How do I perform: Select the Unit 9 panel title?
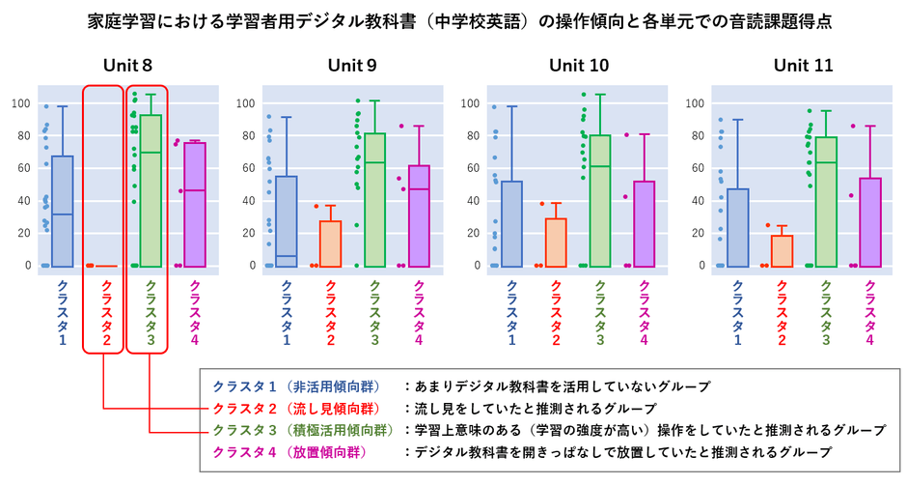[352, 66]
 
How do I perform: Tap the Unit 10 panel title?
[579, 66]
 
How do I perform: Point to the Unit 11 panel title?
[804, 66]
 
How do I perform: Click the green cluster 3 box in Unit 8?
[151, 189]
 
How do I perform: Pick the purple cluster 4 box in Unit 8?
[195, 204]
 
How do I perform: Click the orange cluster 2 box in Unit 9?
[330, 242]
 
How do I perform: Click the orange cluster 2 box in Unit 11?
[782, 250]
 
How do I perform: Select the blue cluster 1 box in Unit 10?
[511, 223]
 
